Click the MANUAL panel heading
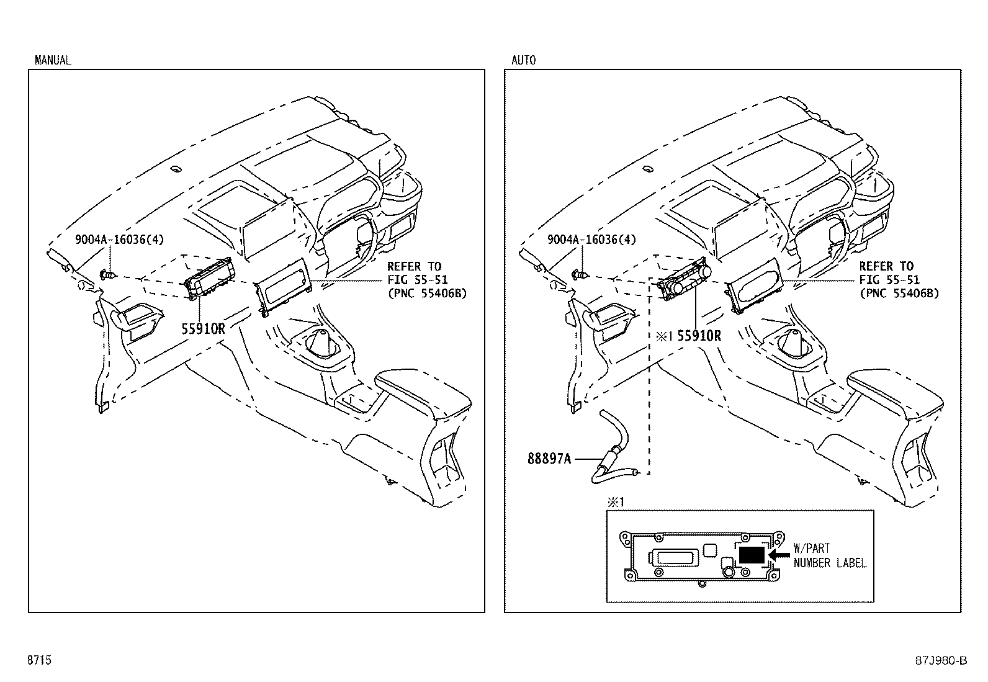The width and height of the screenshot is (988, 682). point(53,60)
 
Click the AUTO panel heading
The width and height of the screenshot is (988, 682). point(524,60)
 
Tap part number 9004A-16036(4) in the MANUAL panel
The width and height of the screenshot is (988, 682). point(120,240)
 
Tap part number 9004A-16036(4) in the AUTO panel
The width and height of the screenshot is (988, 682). point(592,240)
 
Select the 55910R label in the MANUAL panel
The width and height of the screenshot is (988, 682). point(204,329)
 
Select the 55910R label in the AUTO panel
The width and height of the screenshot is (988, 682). point(699,336)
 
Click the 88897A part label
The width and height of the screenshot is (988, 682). point(549,459)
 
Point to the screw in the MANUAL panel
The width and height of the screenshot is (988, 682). point(107,275)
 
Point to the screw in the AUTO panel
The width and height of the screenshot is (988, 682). point(580,275)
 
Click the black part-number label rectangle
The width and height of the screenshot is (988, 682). point(752,555)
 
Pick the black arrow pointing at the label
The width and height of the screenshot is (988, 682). point(779,555)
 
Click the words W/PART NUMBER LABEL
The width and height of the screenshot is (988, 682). point(830,556)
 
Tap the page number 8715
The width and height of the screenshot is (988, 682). point(39,660)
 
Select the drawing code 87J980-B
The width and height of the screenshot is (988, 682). point(941,661)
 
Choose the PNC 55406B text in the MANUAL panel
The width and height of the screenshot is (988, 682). point(427,294)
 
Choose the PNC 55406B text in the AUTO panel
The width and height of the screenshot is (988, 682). point(899,294)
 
